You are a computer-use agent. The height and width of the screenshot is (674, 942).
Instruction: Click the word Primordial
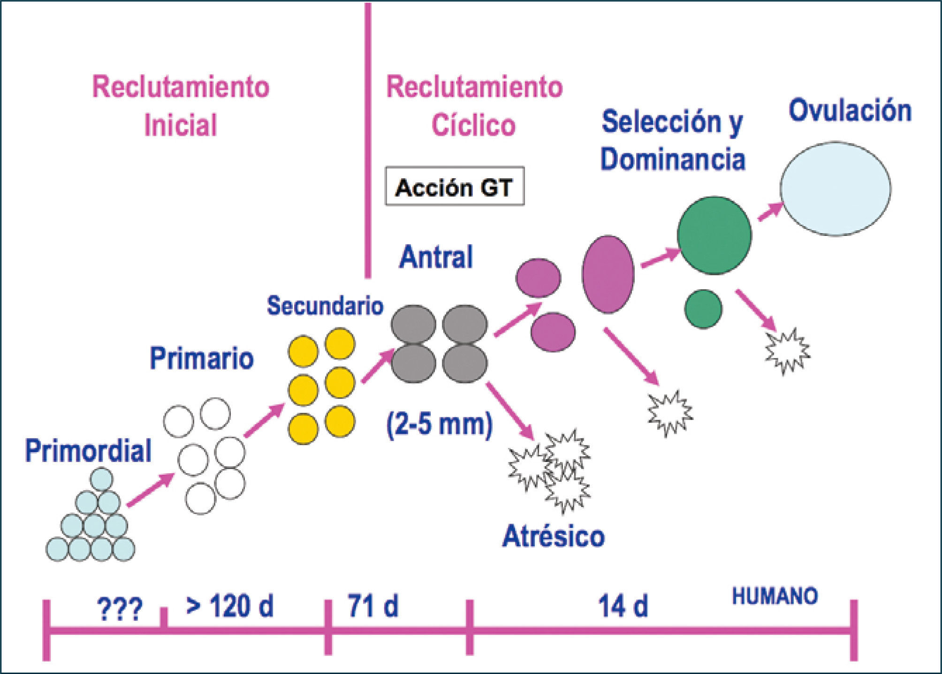pyautogui.click(x=88, y=451)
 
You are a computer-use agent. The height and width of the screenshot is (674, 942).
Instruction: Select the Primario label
pyautogui.click(x=202, y=359)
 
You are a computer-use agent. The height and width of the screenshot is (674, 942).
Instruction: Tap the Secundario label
pyautogui.click(x=325, y=306)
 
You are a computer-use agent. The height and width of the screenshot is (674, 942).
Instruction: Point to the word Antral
pyautogui.click(x=436, y=257)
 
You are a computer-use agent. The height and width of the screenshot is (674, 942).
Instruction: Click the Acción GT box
pyautogui.click(x=454, y=187)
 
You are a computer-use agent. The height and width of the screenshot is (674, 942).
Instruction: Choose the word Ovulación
pyautogui.click(x=850, y=111)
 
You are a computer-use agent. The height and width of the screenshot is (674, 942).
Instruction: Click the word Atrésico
pyautogui.click(x=554, y=536)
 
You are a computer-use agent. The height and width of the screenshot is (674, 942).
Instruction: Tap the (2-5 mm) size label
pyautogui.click(x=440, y=424)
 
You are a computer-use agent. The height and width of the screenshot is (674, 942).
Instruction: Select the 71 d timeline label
pyautogui.click(x=373, y=606)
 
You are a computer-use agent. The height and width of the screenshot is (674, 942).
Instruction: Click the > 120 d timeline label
pyautogui.click(x=229, y=606)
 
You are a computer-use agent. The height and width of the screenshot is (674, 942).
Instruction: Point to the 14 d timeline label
pyautogui.click(x=623, y=606)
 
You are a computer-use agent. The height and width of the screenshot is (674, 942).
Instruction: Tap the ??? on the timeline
pyautogui.click(x=119, y=609)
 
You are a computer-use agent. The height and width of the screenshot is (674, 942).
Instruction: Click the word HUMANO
pyautogui.click(x=775, y=596)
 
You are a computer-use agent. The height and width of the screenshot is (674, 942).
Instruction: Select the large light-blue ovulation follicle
pyautogui.click(x=835, y=189)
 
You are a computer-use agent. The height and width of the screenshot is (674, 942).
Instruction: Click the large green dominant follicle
pyautogui.click(x=714, y=235)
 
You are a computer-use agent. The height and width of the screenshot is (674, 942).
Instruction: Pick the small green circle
pyautogui.click(x=703, y=309)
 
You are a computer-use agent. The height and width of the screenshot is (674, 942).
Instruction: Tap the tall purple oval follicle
pyautogui.click(x=608, y=274)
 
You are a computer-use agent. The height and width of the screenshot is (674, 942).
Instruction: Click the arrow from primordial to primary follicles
pyautogui.click(x=150, y=490)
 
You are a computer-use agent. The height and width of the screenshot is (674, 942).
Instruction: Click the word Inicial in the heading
pyautogui.click(x=181, y=125)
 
